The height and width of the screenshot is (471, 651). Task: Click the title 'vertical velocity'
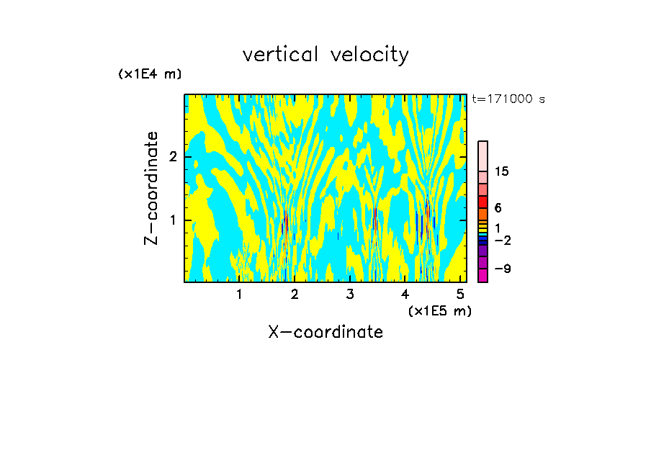(325, 55)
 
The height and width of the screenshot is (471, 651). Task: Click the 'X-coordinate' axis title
(325, 332)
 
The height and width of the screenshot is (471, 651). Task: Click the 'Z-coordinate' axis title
(151, 188)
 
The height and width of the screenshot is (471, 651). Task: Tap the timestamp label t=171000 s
(508, 99)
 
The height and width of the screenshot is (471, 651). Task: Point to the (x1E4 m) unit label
(150, 74)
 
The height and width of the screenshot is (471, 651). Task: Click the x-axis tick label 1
(239, 295)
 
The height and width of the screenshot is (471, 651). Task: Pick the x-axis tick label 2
(295, 295)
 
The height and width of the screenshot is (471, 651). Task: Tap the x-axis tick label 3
(350, 295)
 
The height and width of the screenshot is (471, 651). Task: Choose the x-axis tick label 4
(405, 295)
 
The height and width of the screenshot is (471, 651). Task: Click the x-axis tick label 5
(461, 295)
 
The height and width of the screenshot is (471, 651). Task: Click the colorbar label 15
(502, 171)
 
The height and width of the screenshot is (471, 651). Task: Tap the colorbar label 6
(498, 207)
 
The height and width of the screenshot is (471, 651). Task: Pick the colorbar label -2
(502, 241)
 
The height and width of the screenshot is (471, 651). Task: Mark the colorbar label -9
(502, 269)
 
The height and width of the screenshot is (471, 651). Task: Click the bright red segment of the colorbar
(482, 202)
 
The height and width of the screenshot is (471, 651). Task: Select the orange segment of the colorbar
(482, 215)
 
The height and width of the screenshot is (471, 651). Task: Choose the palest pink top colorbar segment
(482, 156)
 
